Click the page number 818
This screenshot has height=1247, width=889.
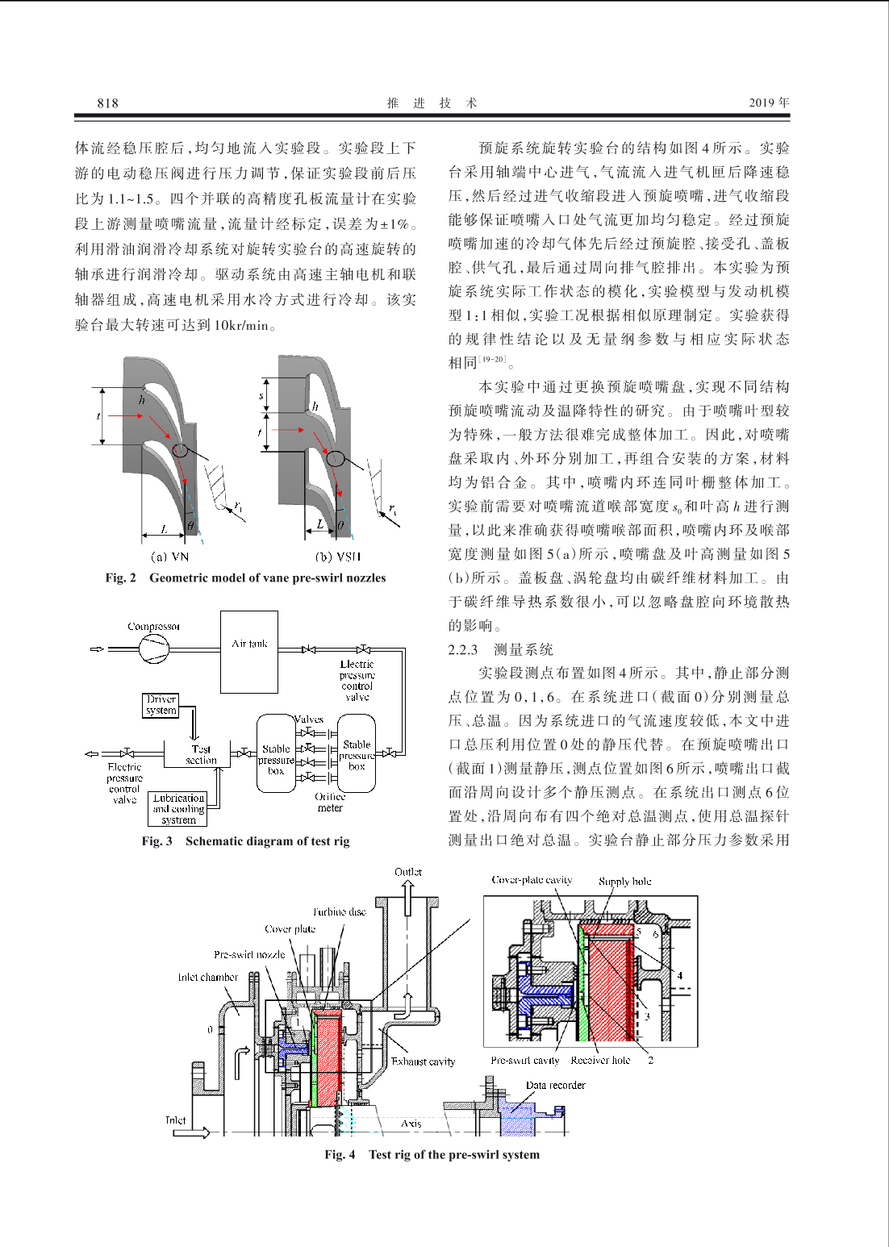pyautogui.click(x=107, y=103)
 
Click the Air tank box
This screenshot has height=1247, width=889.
pyautogui.click(x=248, y=652)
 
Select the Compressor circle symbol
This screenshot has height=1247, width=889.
pyautogui.click(x=153, y=649)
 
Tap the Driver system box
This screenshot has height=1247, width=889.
pyautogui.click(x=161, y=705)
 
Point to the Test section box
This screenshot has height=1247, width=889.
pyautogui.click(x=198, y=754)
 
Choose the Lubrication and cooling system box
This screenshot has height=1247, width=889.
pyautogui.click(x=179, y=809)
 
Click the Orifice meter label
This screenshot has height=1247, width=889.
pyautogui.click(x=330, y=803)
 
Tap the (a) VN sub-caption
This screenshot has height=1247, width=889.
pyautogui.click(x=169, y=556)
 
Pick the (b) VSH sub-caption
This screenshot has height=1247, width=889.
pyautogui.click(x=339, y=556)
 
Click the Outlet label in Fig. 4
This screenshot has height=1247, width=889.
pyautogui.click(x=408, y=872)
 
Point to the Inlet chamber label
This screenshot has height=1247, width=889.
pyautogui.click(x=207, y=977)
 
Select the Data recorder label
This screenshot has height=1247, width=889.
pyautogui.click(x=556, y=1085)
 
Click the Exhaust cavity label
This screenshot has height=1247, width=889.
pyautogui.click(x=423, y=1061)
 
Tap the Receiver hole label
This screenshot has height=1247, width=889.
pyautogui.click(x=600, y=1061)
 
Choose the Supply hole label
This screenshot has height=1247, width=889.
pyautogui.click(x=624, y=882)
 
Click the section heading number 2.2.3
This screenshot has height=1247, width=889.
pyautogui.click(x=463, y=649)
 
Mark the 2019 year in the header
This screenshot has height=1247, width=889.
pyautogui.click(x=770, y=102)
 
